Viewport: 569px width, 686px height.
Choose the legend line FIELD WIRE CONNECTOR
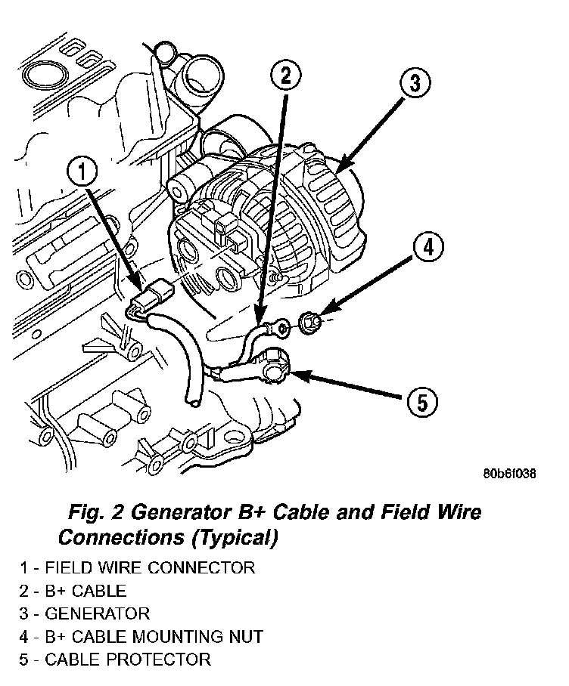click(138, 567)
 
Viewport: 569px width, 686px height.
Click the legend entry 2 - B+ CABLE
click(73, 591)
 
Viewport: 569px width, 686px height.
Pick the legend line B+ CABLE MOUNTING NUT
click(141, 636)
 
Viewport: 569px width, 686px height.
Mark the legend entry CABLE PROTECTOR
click(115, 660)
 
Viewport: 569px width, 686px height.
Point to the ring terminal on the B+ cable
click(281, 327)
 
